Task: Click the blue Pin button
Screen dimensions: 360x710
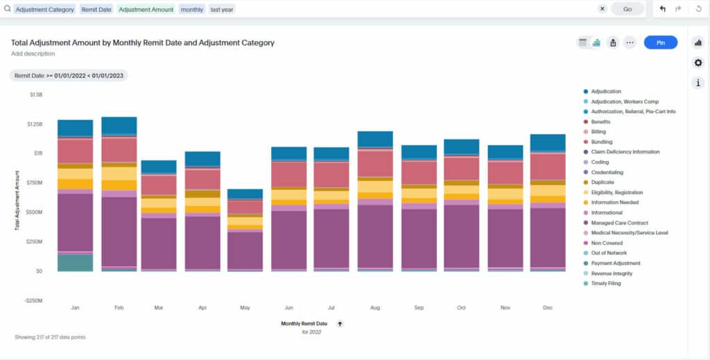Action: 660,43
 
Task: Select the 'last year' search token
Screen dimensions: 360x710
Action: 222,9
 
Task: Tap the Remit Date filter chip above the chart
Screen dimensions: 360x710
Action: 68,75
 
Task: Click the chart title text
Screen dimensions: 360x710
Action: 142,43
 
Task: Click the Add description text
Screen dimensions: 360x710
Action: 33,53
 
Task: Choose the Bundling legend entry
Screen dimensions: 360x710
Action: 603,142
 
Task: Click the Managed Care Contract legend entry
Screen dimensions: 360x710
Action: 620,223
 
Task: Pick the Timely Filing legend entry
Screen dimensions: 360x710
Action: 605,283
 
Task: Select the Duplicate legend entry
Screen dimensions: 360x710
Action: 603,182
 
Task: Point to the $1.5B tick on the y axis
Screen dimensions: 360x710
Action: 36,94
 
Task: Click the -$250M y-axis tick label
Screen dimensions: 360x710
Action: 33,300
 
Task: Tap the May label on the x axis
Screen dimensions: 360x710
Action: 245,307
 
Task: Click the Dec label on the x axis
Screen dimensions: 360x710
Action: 547,307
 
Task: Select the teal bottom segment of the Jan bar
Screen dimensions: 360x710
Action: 75,262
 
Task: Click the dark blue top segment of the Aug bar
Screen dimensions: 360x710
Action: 375,139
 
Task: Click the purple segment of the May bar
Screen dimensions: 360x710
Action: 245,250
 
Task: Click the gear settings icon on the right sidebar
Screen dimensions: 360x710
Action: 698,63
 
